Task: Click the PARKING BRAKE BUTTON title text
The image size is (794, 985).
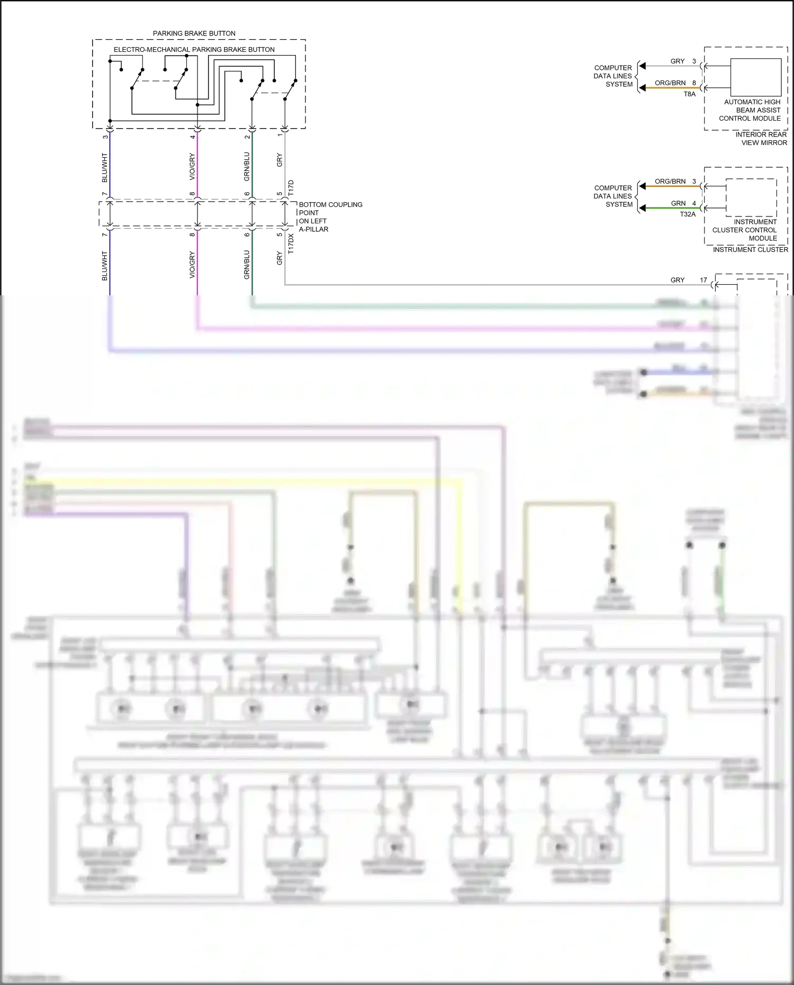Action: (194, 33)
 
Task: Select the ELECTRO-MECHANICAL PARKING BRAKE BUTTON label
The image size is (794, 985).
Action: (194, 50)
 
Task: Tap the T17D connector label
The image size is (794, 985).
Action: (291, 188)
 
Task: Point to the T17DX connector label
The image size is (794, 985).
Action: (291, 244)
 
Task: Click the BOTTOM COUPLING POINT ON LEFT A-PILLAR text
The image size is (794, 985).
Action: (330, 217)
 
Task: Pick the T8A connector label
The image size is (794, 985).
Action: (689, 94)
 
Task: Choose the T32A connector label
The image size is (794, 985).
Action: (688, 214)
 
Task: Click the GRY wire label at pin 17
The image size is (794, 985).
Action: (677, 280)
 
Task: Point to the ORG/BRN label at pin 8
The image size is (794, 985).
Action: (670, 83)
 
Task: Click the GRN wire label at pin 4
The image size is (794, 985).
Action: (678, 203)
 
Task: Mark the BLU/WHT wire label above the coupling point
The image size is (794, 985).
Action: (105, 168)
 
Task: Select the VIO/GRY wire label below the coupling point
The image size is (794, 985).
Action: (192, 265)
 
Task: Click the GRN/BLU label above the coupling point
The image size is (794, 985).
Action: (247, 167)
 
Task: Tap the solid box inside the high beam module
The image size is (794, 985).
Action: (755, 77)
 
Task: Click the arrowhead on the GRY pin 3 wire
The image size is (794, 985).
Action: (642, 66)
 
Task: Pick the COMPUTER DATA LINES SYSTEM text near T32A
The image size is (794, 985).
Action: (613, 196)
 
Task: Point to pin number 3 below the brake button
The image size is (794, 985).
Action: (105, 137)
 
